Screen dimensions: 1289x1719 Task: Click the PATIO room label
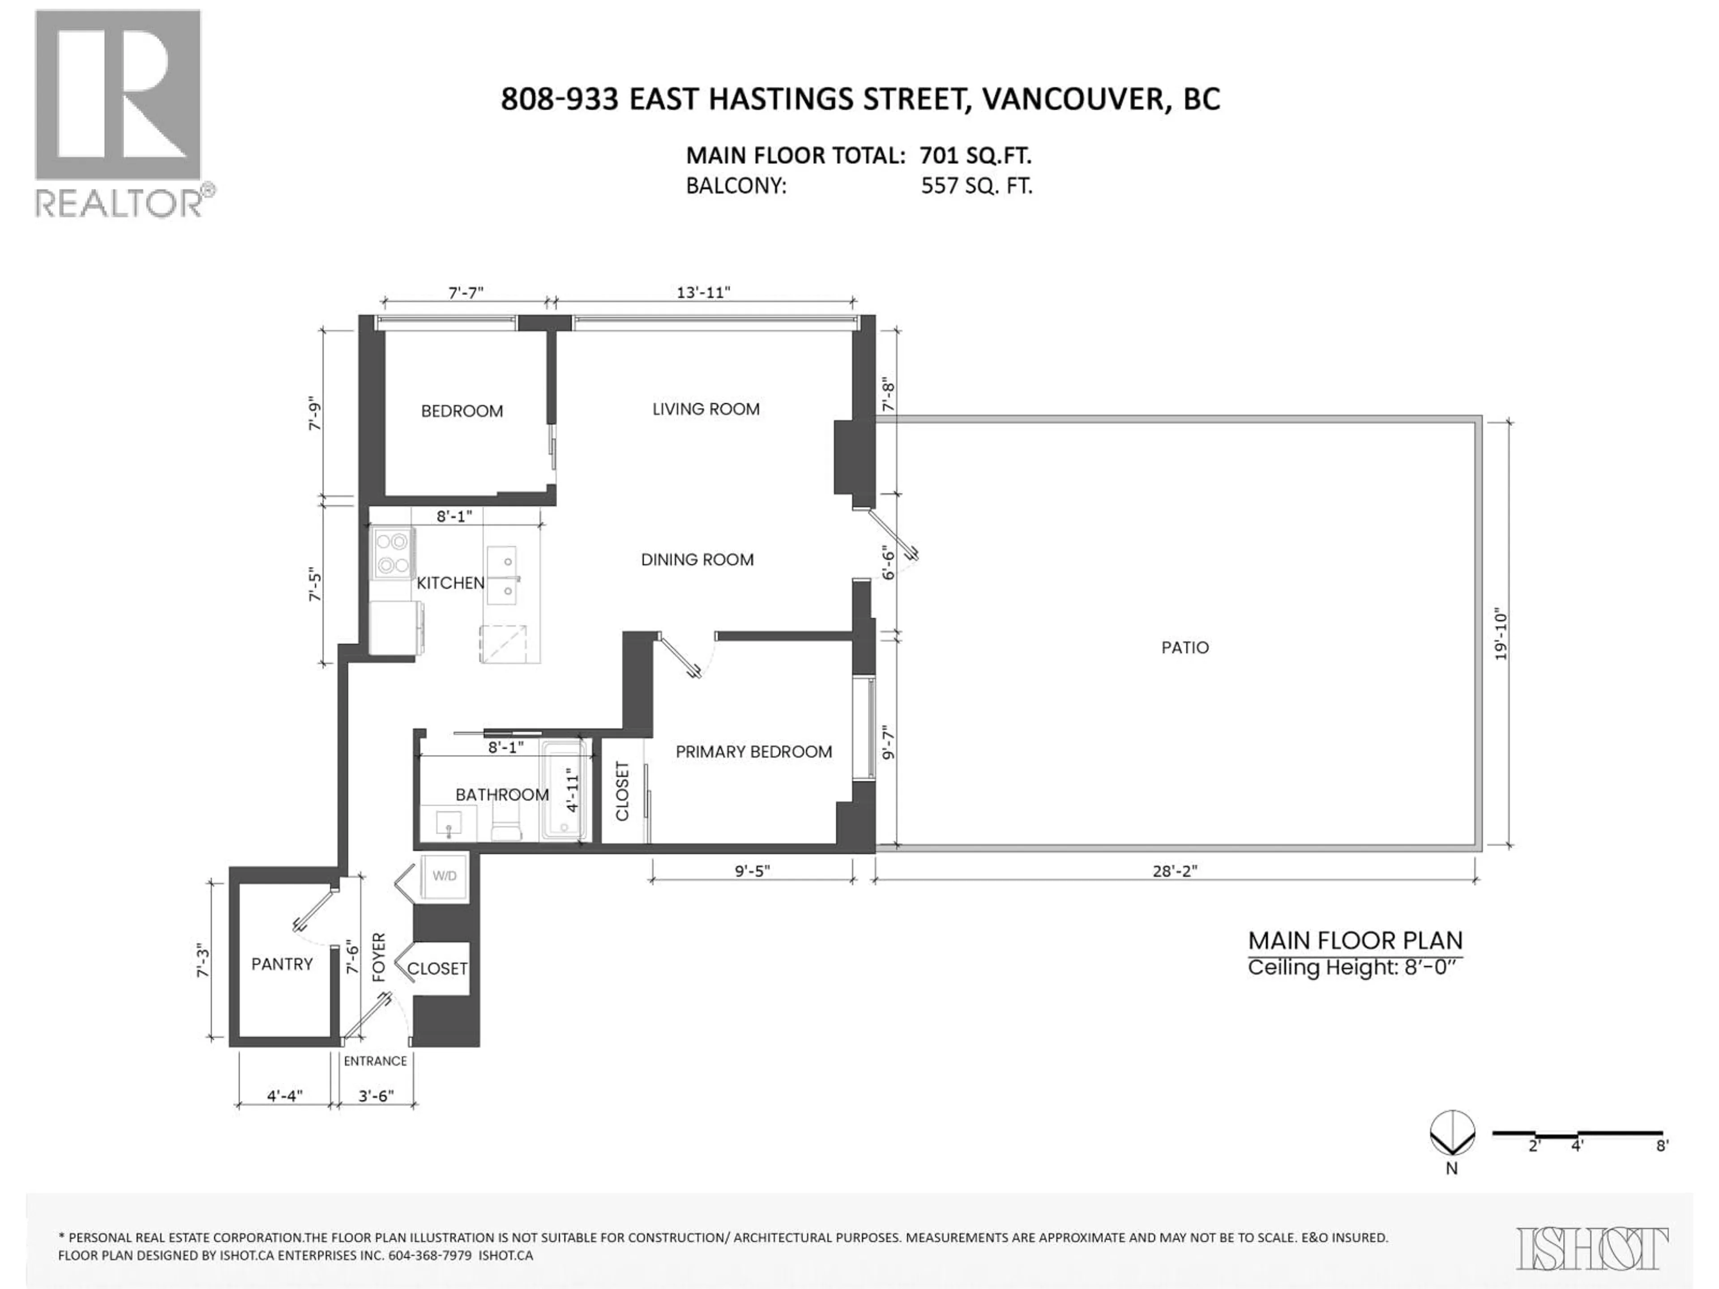point(1184,647)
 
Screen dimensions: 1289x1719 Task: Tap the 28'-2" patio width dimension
point(1174,871)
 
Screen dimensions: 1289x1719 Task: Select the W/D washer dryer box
point(444,876)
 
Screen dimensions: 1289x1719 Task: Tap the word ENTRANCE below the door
point(375,1061)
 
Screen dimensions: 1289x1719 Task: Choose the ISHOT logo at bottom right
point(1591,1249)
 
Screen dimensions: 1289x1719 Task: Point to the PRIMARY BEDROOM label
point(753,751)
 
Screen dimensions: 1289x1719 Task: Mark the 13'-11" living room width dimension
point(703,292)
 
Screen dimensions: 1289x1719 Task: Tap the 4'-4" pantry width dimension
point(284,1096)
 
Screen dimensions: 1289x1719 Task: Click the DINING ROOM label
point(696,559)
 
